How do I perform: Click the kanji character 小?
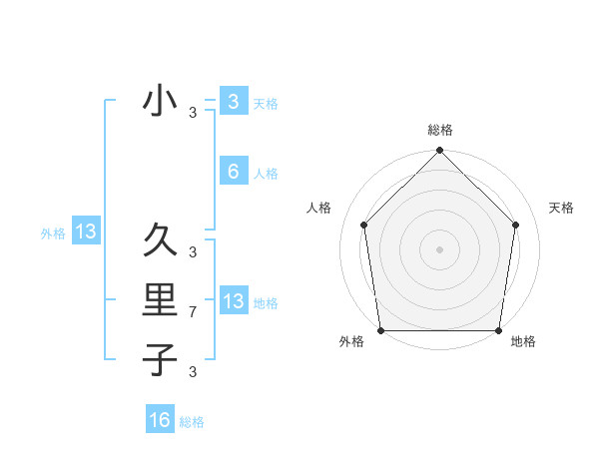click(x=160, y=101)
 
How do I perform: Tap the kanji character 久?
click(x=160, y=239)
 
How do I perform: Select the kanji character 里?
click(x=160, y=299)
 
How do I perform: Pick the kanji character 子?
click(x=160, y=358)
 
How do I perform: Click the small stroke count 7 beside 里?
click(x=193, y=313)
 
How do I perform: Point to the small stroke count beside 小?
click(x=193, y=114)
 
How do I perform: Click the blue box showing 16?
click(x=160, y=420)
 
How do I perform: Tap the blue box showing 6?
click(x=233, y=172)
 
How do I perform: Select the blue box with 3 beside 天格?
click(x=233, y=101)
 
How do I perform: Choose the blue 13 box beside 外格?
click(x=86, y=233)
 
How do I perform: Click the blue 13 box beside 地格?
click(x=233, y=301)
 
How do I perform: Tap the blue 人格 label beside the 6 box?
click(x=266, y=174)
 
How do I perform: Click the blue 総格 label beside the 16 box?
click(x=192, y=422)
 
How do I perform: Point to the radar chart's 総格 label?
click(x=439, y=130)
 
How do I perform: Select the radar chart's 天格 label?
click(x=561, y=208)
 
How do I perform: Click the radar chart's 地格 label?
click(x=523, y=342)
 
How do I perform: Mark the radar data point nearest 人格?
click(x=363, y=225)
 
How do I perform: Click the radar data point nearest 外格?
click(x=380, y=330)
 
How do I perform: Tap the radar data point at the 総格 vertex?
click(x=439, y=152)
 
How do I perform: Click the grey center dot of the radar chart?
click(x=439, y=248)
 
